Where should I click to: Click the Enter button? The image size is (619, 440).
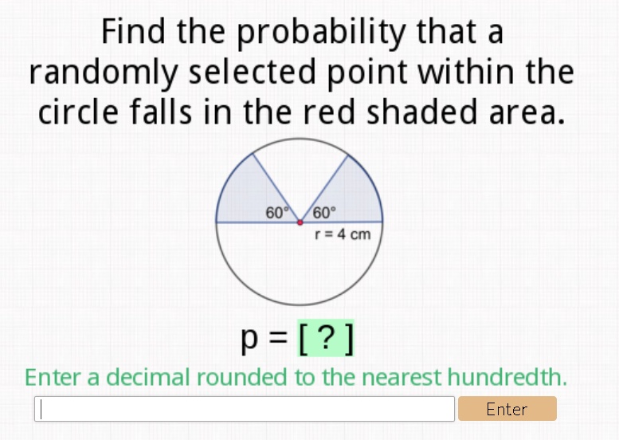507,409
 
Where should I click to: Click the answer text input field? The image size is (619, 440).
245,409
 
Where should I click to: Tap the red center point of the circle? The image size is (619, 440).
300,222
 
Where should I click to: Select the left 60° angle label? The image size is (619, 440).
276,212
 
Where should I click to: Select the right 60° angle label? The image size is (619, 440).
324,212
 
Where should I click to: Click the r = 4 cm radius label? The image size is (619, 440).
343,234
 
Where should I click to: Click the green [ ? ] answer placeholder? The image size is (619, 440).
326,340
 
